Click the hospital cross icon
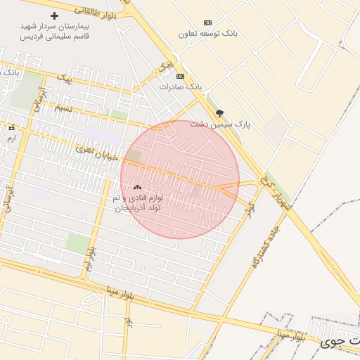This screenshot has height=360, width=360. pos(55,15)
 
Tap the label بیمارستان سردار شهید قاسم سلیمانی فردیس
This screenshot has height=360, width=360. pos(55,30)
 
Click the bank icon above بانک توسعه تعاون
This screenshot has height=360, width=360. pos(207,22)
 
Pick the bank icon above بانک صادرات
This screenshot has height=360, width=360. pos(180,76)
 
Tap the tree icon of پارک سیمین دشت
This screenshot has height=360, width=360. pos(219,112)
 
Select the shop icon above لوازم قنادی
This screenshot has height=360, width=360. pos(137,188)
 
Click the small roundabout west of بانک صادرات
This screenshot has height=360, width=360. pos(156,73)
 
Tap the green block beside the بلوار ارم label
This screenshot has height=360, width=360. pos(77,243)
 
